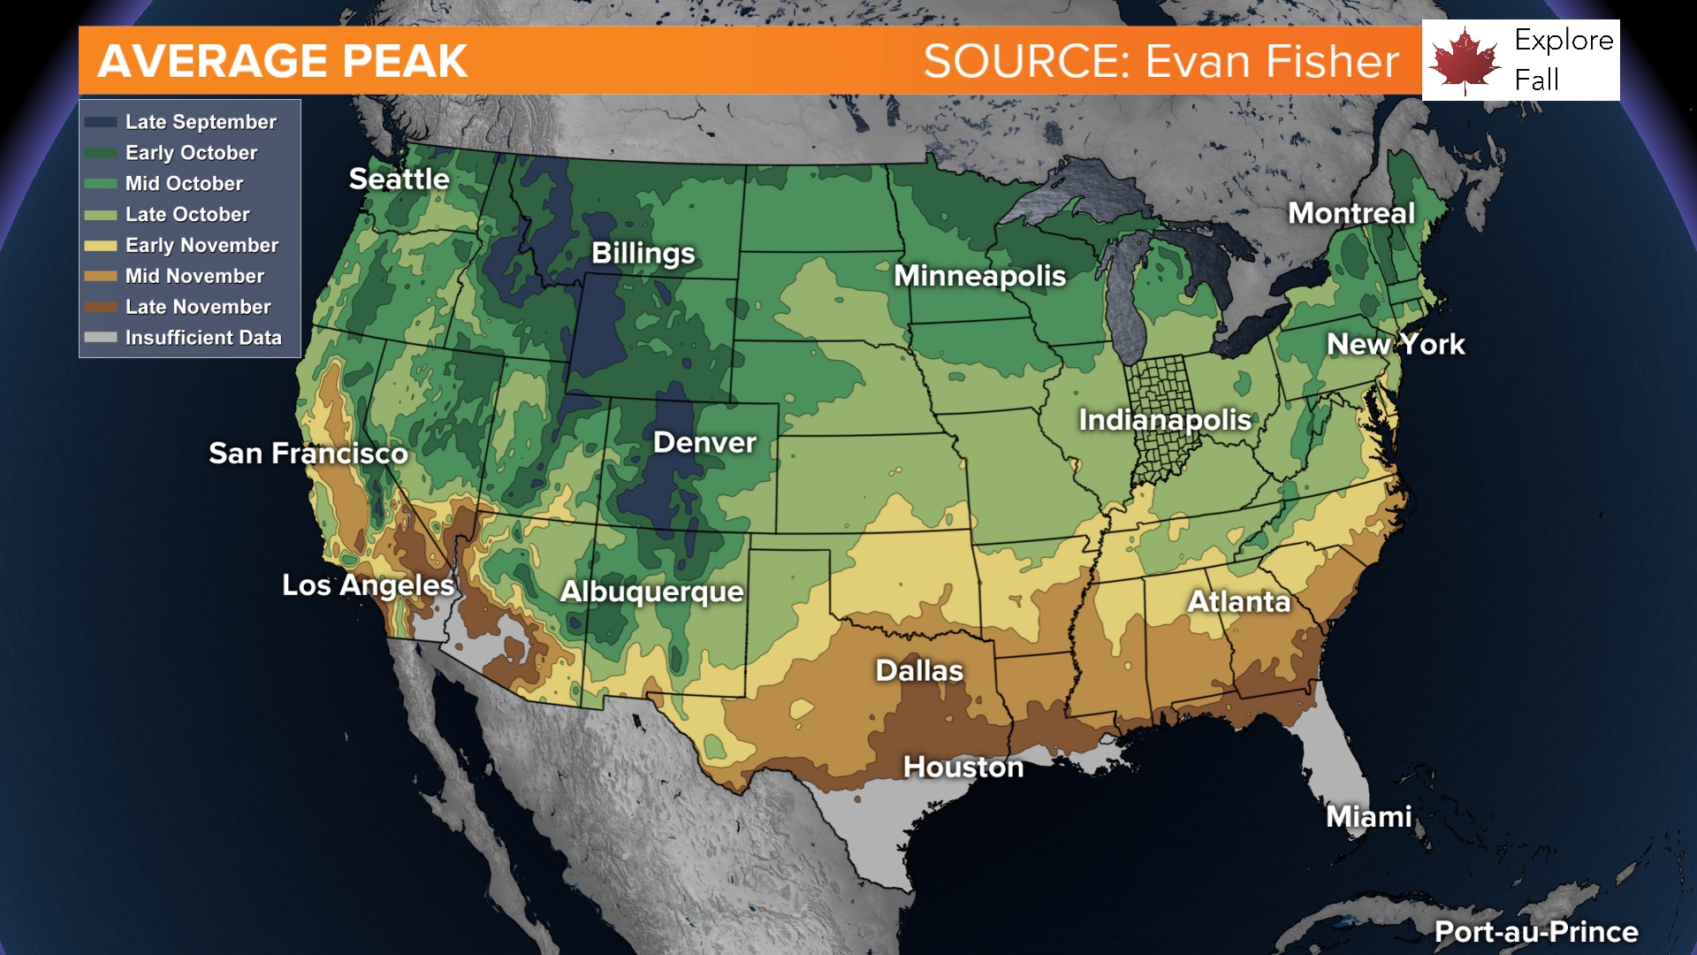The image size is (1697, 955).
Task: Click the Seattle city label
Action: (x=399, y=180)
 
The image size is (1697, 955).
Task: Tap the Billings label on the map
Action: (x=643, y=254)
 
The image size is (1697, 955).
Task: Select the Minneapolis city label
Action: (x=979, y=276)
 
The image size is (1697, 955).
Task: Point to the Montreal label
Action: (x=1351, y=213)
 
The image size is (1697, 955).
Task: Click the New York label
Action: (x=1395, y=344)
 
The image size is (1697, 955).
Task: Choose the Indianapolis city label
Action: (x=1164, y=420)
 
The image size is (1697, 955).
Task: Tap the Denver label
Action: (x=704, y=443)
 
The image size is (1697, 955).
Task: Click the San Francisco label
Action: (x=308, y=454)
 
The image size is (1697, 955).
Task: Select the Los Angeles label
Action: (x=368, y=585)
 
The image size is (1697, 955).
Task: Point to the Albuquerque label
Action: (x=651, y=592)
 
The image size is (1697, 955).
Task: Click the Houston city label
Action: (x=963, y=768)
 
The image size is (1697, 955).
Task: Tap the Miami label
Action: (x=1368, y=817)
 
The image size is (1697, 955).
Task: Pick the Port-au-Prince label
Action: (x=1535, y=932)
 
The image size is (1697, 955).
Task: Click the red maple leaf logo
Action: (x=1465, y=60)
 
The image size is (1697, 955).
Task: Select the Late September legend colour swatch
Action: (x=101, y=122)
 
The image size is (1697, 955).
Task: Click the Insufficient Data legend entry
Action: (x=202, y=338)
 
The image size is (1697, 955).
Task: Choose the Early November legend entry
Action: (x=201, y=245)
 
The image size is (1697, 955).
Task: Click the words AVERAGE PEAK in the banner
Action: (x=282, y=61)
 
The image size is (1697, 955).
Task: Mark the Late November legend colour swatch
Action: (x=101, y=307)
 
